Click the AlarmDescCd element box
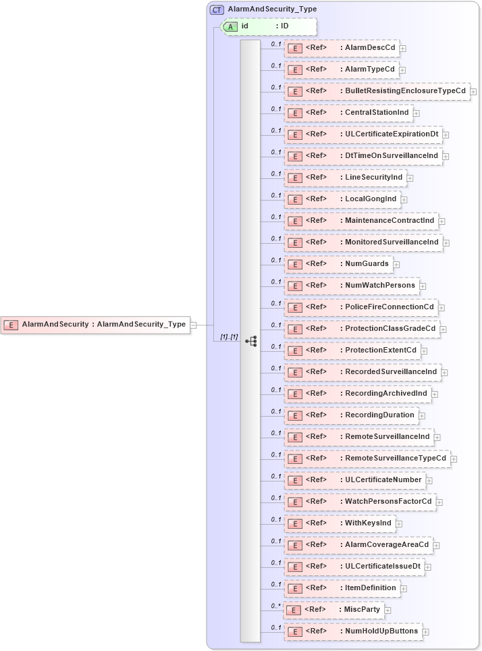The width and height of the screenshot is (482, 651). [341, 48]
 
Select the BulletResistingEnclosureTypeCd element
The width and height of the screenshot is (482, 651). [376, 91]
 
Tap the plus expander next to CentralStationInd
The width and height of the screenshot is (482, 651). [417, 113]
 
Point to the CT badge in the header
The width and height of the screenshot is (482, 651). [217, 9]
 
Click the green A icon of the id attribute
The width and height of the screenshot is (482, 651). [231, 26]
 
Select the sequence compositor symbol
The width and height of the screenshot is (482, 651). [251, 342]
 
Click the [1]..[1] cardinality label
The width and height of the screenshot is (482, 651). [230, 336]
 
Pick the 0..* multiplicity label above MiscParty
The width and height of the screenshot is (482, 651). [275, 606]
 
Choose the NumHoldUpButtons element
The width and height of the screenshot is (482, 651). [354, 631]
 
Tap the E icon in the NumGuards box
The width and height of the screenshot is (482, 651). [294, 264]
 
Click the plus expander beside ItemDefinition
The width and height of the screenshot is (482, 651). [404, 589]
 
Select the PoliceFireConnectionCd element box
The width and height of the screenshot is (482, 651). [361, 307]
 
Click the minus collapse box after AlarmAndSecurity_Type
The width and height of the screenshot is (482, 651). [193, 325]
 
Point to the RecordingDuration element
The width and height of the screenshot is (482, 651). [350, 415]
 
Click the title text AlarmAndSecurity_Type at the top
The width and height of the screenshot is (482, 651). [272, 9]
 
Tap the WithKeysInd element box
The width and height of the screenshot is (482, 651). [339, 523]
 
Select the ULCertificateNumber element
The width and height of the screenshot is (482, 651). [354, 480]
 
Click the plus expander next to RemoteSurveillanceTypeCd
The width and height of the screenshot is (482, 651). [454, 459]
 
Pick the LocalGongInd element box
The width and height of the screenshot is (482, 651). [342, 199]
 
